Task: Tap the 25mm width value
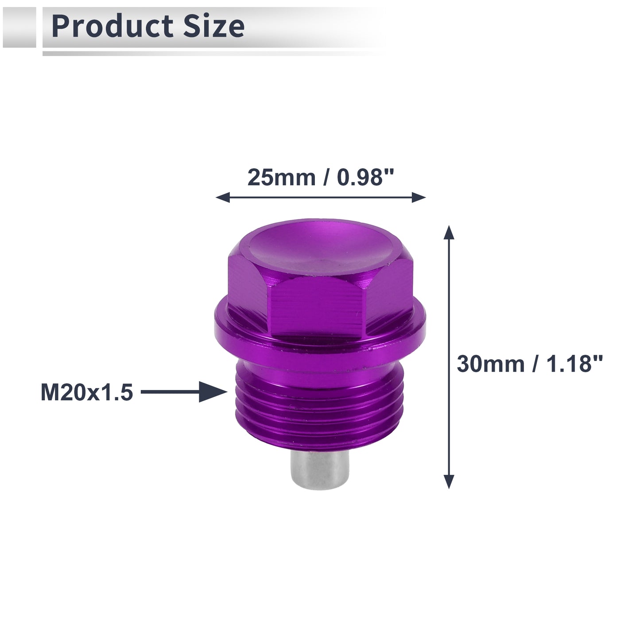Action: coord(281,178)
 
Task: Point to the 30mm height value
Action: coord(491,364)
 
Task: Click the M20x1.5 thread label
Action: coord(87,392)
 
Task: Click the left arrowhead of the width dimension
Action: coord(222,197)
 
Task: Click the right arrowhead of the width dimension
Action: coord(419,197)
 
